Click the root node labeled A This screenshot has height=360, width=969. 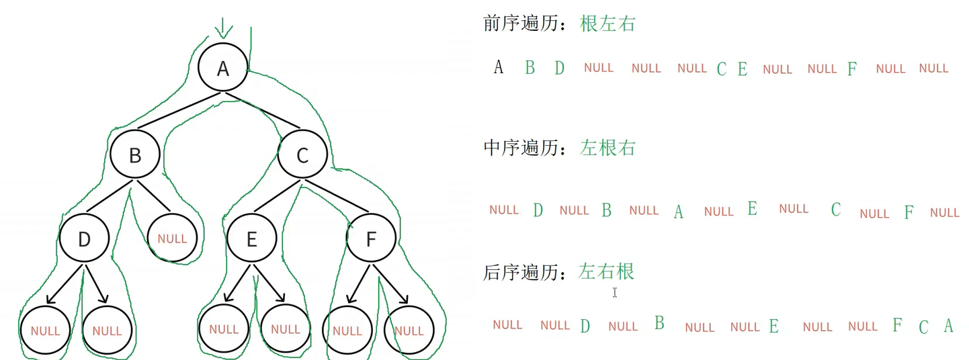tap(223, 69)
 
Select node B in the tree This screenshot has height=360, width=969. tap(135, 155)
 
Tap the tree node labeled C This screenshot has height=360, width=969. tap(302, 155)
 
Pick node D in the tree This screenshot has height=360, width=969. tap(84, 239)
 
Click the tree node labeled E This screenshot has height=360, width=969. tap(252, 239)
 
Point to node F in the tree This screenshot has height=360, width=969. tap(370, 239)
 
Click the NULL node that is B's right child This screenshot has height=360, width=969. tap(172, 238)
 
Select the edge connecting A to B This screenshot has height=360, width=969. tap(178, 111)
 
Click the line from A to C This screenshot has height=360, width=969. tap(263, 110)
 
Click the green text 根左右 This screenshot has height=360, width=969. tap(607, 25)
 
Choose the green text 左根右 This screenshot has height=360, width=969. tap(607, 148)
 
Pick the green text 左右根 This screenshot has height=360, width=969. tap(606, 272)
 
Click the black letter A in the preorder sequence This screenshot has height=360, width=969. tap(498, 67)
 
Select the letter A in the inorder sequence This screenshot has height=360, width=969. tap(678, 212)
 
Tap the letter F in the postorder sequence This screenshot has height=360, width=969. tap(896, 326)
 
